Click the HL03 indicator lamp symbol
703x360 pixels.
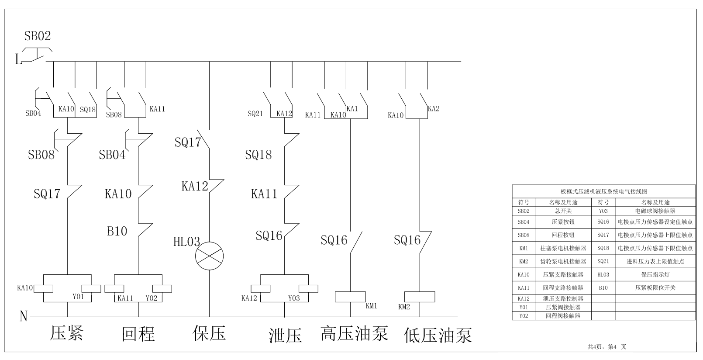pos(209,256)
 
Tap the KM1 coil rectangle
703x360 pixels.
pos(350,297)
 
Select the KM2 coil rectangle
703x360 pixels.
pos(420,297)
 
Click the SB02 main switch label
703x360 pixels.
pos(38,36)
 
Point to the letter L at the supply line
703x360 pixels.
pos(18,59)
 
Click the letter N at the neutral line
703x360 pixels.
pos(24,316)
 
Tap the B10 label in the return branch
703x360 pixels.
pos(117,231)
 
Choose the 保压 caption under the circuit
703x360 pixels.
pos(209,333)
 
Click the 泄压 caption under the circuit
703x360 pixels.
pos(285,335)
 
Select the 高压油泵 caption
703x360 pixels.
pos(354,333)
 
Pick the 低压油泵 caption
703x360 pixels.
pos(438,335)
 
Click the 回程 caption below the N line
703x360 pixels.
pos(138,334)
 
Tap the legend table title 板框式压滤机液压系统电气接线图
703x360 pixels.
pos(604,191)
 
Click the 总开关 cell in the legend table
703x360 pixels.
pos(563,211)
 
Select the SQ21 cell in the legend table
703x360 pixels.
pos(603,261)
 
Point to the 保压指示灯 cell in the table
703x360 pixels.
pos(655,274)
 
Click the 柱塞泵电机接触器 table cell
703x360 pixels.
pos(563,248)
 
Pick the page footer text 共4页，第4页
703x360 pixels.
pos(607,346)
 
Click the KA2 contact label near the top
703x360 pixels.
pos(434,109)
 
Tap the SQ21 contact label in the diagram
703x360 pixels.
pos(255,114)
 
